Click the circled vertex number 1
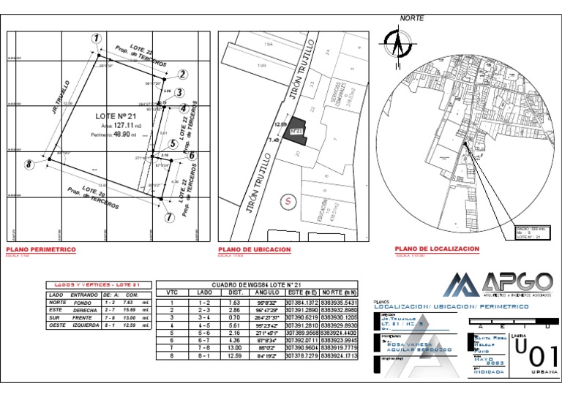(96, 38)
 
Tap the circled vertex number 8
(29, 164)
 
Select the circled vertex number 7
(169, 217)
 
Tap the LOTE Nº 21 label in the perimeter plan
(116, 116)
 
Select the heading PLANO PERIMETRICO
(41, 249)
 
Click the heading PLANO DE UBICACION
(254, 249)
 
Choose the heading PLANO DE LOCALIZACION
(437, 249)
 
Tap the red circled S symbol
(289, 199)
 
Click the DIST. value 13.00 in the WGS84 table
(236, 348)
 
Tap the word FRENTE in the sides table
(83, 318)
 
